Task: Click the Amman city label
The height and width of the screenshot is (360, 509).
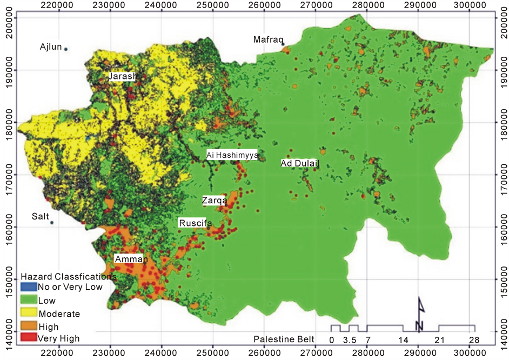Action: (131, 260)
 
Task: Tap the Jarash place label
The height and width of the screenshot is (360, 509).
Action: (122, 76)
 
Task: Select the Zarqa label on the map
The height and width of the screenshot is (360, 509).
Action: (213, 201)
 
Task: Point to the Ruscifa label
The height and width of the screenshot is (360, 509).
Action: (195, 223)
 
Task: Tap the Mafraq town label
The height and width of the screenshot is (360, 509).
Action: (267, 39)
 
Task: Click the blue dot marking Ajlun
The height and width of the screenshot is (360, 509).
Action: (66, 49)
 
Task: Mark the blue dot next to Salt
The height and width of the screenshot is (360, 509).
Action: (52, 223)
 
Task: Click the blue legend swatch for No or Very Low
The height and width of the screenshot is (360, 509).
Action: (28, 288)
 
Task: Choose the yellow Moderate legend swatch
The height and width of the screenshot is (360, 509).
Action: (28, 314)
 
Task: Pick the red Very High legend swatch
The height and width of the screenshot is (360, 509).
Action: (28, 339)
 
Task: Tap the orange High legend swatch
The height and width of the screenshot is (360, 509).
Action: (28, 326)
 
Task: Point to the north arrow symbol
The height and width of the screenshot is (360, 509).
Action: (420, 314)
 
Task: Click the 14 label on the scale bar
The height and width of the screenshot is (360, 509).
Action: (403, 339)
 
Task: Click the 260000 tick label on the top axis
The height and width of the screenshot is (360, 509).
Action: (263, 5)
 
